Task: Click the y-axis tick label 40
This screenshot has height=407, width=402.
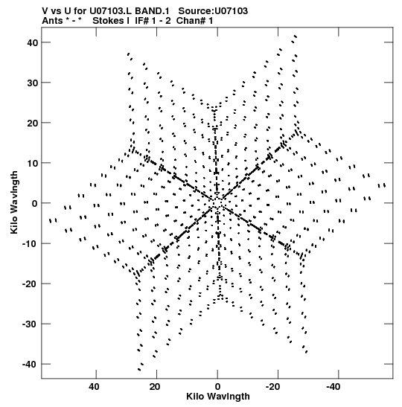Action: coord(32,42)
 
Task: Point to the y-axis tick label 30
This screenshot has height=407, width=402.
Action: coord(32,83)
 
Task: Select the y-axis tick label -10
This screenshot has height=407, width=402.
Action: coord(30,244)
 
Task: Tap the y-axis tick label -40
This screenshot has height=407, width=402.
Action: coord(30,365)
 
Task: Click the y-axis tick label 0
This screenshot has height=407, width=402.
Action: coord(35,204)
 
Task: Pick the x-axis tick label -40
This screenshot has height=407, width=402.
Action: coord(334,387)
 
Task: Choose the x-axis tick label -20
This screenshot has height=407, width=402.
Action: coord(272,387)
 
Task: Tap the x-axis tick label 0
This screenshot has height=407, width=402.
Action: coord(217,387)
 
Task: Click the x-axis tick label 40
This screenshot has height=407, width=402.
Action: coord(94,387)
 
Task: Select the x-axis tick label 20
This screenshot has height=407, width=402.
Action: coord(155,387)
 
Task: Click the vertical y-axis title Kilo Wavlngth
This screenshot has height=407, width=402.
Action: coord(14,202)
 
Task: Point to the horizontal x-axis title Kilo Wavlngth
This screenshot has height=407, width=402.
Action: coord(218,397)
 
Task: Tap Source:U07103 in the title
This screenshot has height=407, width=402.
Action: coord(213,11)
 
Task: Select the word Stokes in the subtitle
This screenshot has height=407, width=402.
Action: coord(108,21)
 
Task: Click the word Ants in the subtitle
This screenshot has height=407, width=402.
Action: coord(52,21)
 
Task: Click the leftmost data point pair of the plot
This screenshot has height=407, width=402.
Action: coord(53,221)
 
